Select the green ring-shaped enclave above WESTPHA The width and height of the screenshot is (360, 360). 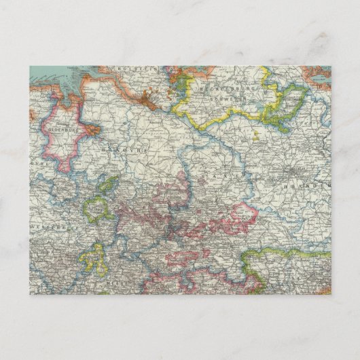point(101,206)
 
